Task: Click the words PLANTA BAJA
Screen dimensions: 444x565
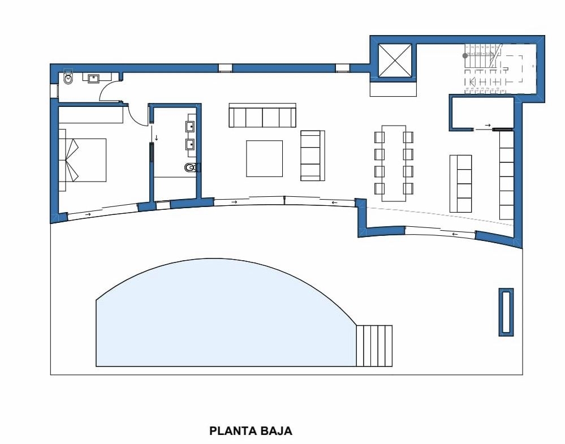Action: (251, 431)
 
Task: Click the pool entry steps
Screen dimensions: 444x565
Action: (374, 346)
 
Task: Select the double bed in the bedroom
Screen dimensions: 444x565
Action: (85, 160)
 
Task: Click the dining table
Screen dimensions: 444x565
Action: (394, 163)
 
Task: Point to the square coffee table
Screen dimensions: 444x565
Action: (264, 158)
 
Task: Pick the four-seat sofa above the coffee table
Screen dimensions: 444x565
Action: (262, 115)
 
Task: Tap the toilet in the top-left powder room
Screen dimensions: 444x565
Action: (68, 79)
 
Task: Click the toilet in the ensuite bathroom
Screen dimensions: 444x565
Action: (191, 167)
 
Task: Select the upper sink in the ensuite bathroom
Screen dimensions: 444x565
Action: (191, 126)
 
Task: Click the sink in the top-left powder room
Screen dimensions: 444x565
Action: (92, 77)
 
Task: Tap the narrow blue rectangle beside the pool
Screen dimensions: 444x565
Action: (506, 312)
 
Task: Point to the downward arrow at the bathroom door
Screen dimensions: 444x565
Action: (157, 137)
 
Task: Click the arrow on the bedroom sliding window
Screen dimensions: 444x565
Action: (88, 214)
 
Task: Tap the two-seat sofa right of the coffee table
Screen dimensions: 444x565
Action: (312, 156)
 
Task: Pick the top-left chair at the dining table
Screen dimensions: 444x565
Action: (379, 137)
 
